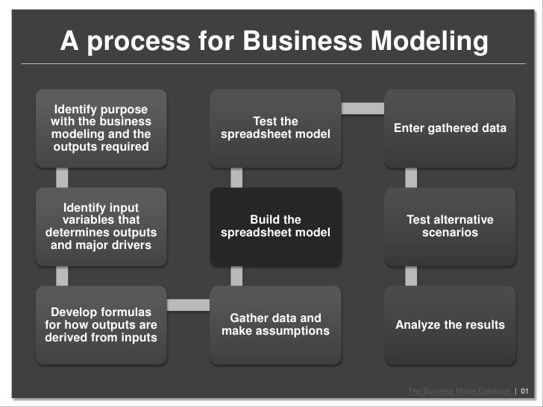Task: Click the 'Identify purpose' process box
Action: [101, 128]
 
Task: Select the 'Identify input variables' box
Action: [101, 226]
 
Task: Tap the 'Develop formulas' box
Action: [101, 324]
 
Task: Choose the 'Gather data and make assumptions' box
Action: [275, 324]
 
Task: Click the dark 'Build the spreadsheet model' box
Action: [275, 226]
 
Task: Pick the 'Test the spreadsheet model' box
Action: [275, 128]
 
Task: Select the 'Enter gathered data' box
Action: [450, 128]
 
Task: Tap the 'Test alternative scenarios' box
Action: [450, 226]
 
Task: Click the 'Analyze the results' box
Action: [450, 324]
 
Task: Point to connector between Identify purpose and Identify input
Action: [62, 177]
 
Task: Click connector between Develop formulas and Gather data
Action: [188, 304]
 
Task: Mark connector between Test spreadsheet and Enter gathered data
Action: [362, 109]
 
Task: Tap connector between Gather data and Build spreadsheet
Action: [236, 276]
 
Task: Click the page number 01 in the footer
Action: [524, 391]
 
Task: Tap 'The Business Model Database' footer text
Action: [459, 391]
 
